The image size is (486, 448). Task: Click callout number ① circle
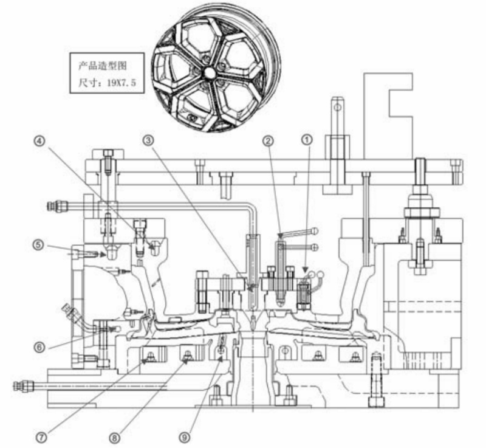307,140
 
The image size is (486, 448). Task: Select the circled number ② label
268,141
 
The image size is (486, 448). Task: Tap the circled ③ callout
148,140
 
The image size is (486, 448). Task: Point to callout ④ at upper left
39,141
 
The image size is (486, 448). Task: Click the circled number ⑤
38,245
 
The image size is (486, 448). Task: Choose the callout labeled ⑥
39,347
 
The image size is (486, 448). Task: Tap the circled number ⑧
115,438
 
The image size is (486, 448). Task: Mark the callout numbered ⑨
185,438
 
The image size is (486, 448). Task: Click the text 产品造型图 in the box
103,66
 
